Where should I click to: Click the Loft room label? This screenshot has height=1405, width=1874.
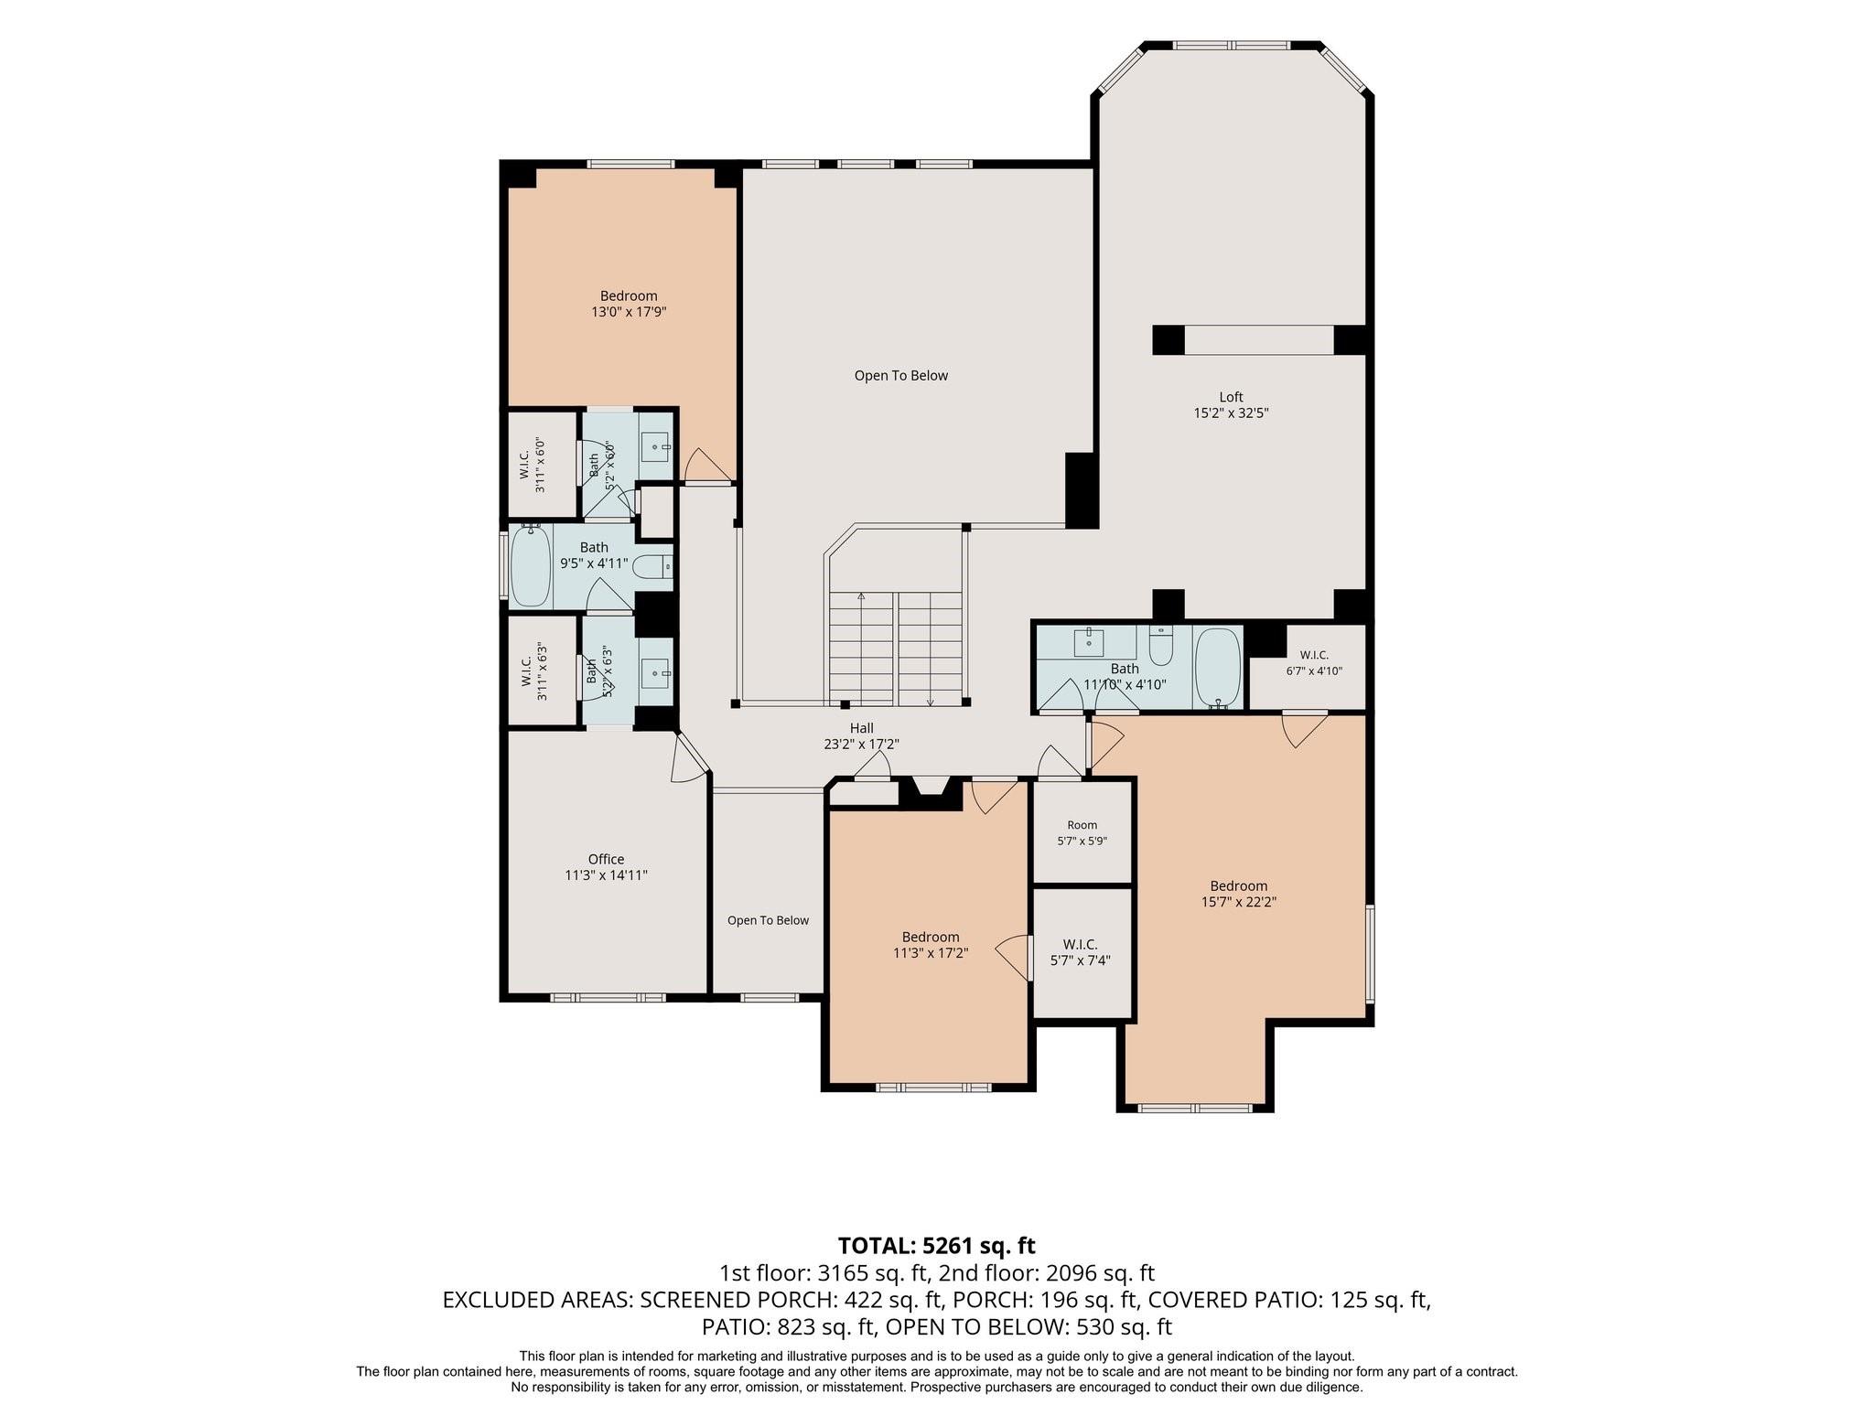coord(1231,397)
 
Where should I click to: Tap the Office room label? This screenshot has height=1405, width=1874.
coord(606,859)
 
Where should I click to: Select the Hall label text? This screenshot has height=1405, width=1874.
coord(861,728)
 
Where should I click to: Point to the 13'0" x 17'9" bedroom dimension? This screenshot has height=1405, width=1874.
coord(629,312)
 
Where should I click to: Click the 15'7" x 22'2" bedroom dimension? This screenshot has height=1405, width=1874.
coord(1239,902)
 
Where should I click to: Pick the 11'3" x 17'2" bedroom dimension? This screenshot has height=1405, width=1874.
coord(931,953)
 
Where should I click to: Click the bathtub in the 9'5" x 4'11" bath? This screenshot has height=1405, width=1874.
coord(530,566)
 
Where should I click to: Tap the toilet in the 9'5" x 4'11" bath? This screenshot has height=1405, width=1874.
coord(652,567)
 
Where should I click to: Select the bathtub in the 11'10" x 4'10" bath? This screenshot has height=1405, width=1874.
coord(1217,668)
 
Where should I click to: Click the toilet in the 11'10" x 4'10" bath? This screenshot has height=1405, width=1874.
coord(1160,646)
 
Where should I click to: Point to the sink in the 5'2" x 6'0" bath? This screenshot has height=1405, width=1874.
coord(655,448)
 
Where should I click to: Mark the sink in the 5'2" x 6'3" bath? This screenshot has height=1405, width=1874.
coord(655,674)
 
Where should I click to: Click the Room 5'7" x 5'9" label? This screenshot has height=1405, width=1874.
coord(1082,833)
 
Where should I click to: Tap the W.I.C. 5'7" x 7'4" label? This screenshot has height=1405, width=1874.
coord(1081,952)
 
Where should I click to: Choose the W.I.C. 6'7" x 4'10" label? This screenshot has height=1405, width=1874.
coord(1314,662)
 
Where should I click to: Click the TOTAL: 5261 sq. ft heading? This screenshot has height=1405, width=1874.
coord(937,1245)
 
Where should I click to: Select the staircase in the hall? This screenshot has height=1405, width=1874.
coord(896,648)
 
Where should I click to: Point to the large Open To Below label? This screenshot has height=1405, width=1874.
coord(901,375)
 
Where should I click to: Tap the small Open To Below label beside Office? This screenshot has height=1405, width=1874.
coord(768,920)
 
